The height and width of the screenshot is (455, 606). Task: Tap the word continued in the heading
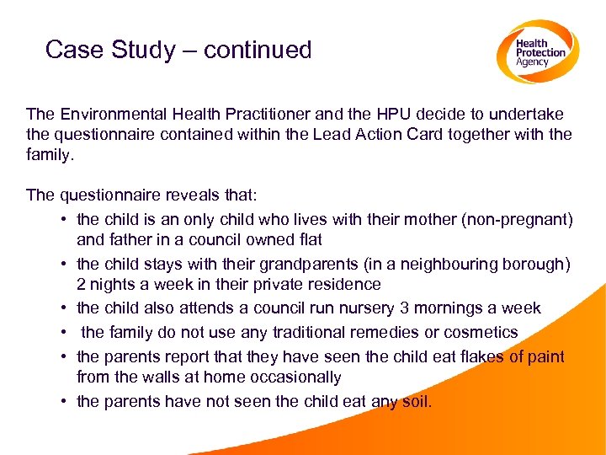pos(258,50)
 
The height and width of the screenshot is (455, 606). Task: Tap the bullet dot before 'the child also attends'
pos(64,308)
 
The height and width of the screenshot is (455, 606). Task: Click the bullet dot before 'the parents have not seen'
pos(64,401)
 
